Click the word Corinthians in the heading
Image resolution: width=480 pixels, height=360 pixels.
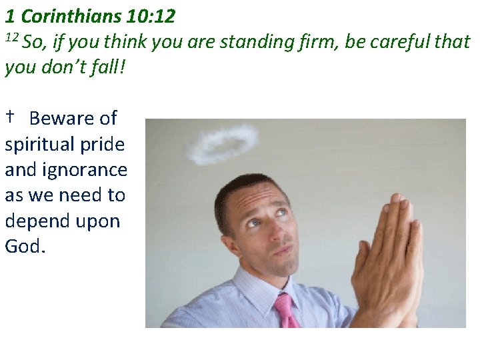(x=71, y=15)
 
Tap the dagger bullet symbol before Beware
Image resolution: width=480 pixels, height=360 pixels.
(x=11, y=117)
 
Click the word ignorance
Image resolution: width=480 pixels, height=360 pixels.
(x=85, y=170)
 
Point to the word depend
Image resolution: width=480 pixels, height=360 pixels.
(x=33, y=221)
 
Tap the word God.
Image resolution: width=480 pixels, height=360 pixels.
(x=25, y=246)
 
